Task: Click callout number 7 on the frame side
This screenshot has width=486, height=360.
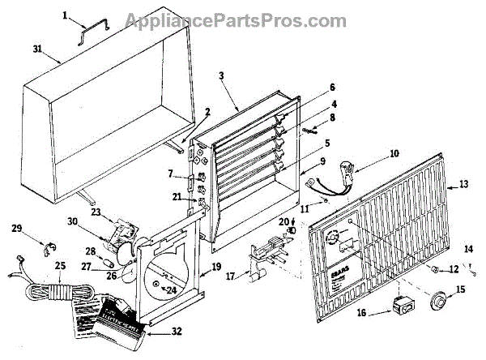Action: (x=172, y=173)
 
